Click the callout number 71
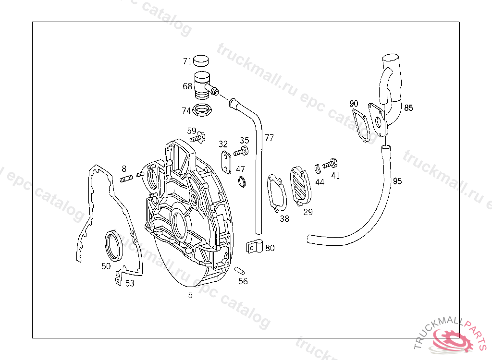click(x=187, y=61)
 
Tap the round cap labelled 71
click(x=201, y=61)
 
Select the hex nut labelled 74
click(x=203, y=110)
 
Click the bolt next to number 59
click(x=197, y=137)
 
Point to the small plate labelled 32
click(x=227, y=162)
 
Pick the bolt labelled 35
click(x=241, y=152)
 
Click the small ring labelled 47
click(x=242, y=181)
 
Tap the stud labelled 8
click(x=126, y=179)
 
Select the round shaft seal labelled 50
click(x=114, y=246)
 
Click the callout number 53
click(x=130, y=284)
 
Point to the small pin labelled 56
click(x=240, y=270)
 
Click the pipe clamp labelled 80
click(x=254, y=247)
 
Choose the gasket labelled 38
click(x=277, y=193)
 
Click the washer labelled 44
click(x=318, y=168)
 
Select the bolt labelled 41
click(x=330, y=164)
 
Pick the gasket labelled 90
click(x=361, y=125)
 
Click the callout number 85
click(x=408, y=108)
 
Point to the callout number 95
click(x=397, y=181)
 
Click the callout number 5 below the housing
click(x=190, y=295)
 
